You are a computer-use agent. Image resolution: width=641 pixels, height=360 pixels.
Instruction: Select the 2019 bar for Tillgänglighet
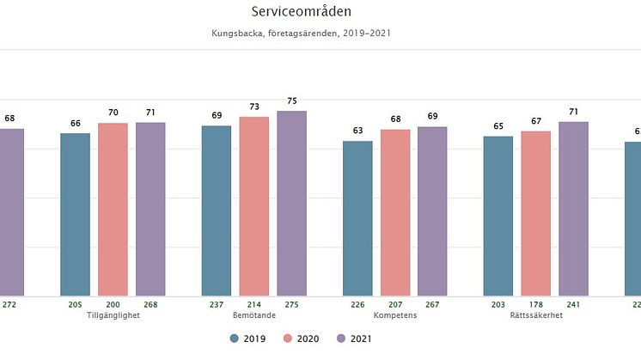[75, 214]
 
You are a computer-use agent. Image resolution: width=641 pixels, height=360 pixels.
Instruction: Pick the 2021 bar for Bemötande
[291, 203]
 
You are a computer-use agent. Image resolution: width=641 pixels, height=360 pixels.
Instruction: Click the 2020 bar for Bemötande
[253, 206]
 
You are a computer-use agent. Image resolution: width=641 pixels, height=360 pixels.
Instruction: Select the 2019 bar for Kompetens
[357, 218]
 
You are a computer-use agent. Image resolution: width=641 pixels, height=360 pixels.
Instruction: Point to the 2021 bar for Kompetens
[432, 211]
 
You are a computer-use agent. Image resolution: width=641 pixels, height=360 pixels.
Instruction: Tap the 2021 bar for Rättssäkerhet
[573, 209]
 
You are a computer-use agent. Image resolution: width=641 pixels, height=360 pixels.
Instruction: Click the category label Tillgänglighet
[113, 314]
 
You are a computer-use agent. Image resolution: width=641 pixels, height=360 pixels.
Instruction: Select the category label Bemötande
[253, 314]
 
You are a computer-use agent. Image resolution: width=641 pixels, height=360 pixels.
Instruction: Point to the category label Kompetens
[395, 314]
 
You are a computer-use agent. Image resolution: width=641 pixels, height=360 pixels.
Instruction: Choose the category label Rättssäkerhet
[535, 314]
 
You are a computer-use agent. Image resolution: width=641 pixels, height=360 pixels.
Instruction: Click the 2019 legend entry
[247, 339]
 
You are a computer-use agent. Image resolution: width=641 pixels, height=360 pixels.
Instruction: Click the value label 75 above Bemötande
[291, 100]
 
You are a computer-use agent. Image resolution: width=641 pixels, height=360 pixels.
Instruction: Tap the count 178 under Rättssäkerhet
[535, 304]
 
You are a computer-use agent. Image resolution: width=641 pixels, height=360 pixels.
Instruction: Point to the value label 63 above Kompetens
[357, 131]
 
